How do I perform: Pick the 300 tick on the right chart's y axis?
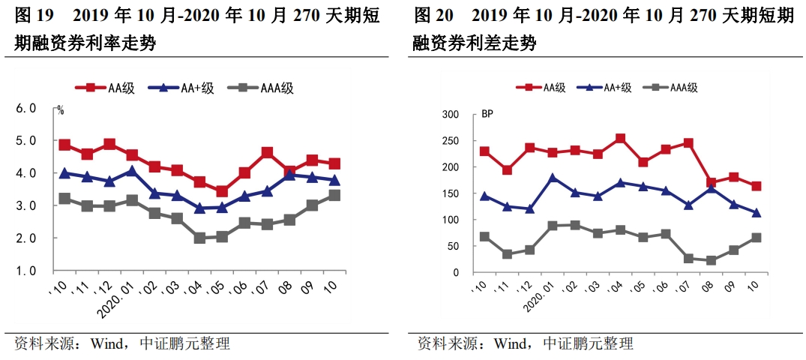coord(450,114)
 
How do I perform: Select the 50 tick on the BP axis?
coord(453,246)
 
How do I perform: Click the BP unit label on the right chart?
coord(487,114)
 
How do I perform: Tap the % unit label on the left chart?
coord(61,110)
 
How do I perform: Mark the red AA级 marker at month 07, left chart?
coord(267,153)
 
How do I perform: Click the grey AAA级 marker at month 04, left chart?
coord(199,238)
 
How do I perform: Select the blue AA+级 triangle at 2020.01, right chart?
coord(553,178)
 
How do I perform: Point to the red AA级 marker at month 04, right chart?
coord(620,139)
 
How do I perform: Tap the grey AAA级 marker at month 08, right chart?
coord(711,260)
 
